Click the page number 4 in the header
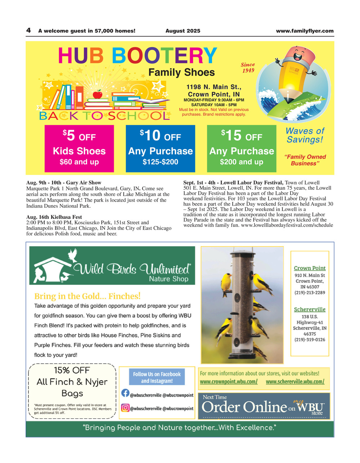click(28, 31)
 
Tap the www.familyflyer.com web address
click(305, 31)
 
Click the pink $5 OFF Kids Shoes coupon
click(79, 148)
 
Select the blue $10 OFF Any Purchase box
click(160, 148)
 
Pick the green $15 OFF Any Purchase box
click(242, 148)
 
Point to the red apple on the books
click(98, 95)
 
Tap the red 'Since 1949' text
click(248, 67)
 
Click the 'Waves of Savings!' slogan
click(305, 135)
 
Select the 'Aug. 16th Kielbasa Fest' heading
click(54, 217)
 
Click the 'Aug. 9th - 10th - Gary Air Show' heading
click(64, 183)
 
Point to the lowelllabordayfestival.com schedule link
click(287, 225)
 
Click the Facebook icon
click(125, 394)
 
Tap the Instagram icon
click(125, 408)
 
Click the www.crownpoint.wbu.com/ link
click(229, 382)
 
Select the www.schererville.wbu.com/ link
click(295, 382)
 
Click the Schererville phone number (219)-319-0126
click(310, 340)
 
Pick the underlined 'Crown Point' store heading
click(310, 268)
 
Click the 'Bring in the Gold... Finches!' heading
click(87, 296)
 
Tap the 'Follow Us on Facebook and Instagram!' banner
click(157, 377)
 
